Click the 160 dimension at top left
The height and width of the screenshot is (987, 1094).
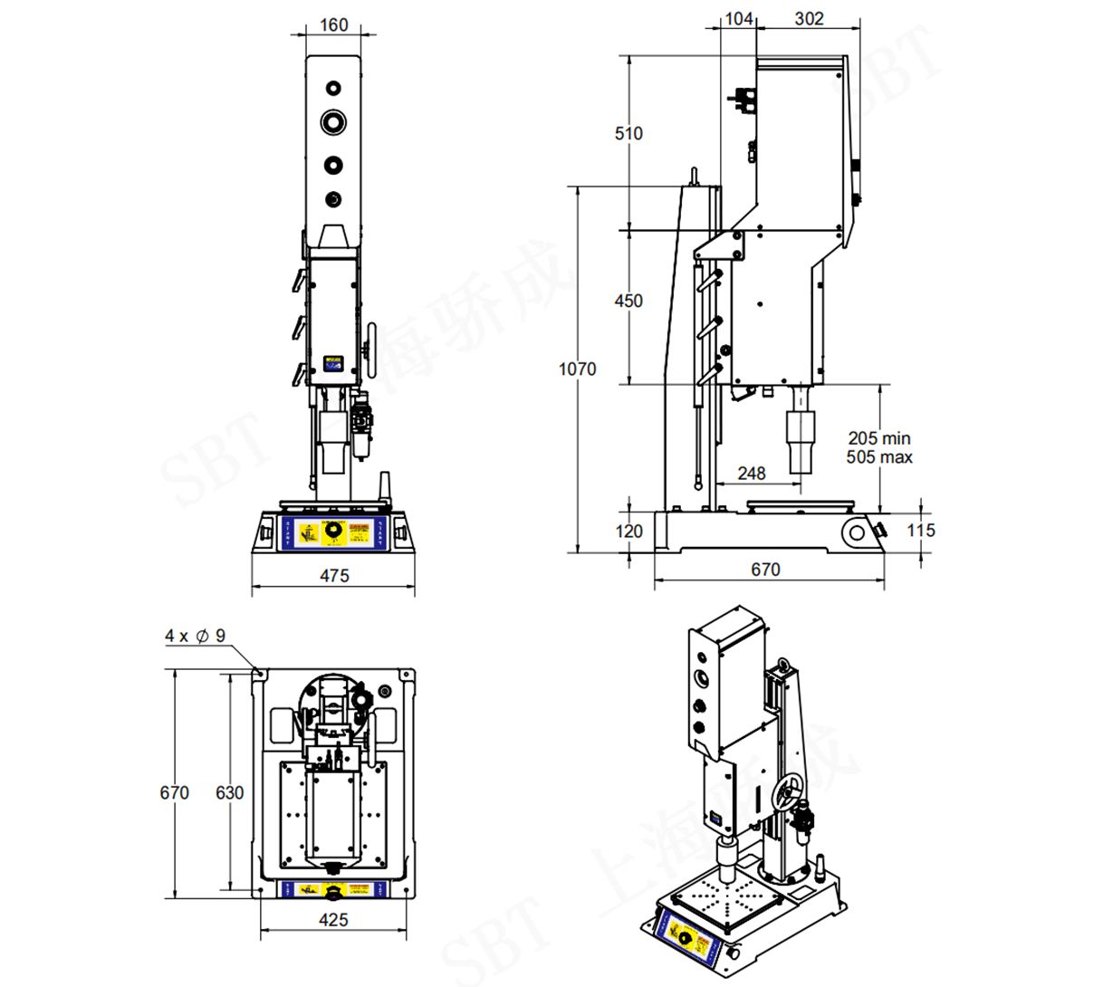pos(334,24)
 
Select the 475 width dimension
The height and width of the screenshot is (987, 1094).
pos(334,576)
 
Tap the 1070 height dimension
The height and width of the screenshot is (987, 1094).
pos(577,369)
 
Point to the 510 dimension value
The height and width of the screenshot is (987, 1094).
pos(629,133)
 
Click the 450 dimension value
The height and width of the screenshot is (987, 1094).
pos(629,301)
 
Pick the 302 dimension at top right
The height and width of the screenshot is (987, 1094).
pos(809,18)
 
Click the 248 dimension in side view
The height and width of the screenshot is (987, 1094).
pos(751,473)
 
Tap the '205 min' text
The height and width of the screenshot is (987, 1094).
pos(878,438)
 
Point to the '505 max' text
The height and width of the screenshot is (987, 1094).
pos(878,457)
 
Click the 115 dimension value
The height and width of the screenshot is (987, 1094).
pos(920,530)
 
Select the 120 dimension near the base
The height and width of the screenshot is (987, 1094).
pos(629,531)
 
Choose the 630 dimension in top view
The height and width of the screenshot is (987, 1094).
pos(229,792)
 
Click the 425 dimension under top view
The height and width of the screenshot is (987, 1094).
pos(333,920)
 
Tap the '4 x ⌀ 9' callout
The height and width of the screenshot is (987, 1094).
pos(195,636)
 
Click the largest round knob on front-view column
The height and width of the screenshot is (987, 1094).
pos(333,121)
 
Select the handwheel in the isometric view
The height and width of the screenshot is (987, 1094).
pos(788,793)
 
